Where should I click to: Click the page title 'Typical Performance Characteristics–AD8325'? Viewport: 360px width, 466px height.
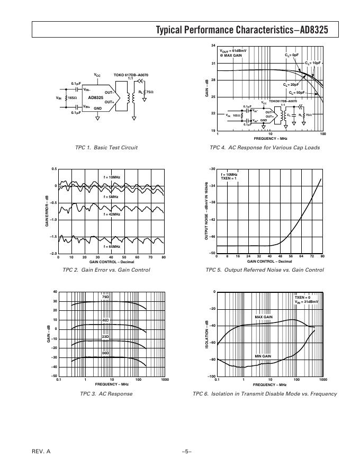tap(242, 30)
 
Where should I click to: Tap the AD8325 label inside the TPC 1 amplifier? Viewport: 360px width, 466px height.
tap(96, 97)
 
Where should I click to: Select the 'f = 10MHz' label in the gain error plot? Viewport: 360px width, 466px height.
tap(112, 177)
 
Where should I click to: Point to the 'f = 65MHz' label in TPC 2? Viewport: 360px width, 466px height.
tap(112, 246)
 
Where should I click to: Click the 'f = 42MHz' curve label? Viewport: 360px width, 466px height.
tap(112, 214)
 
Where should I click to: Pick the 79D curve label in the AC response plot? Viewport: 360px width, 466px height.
tap(105, 297)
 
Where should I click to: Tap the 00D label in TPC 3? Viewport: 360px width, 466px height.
tap(105, 353)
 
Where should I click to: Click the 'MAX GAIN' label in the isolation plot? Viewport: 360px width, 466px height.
tap(264, 317)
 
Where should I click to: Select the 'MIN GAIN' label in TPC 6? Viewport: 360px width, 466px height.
tap(263, 356)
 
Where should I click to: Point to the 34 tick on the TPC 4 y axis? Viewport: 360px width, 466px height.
tap(213, 47)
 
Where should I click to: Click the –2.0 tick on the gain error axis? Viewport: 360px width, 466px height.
tap(53, 254)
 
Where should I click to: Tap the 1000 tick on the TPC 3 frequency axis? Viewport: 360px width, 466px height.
tap(165, 380)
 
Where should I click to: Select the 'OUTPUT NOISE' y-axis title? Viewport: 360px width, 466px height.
tap(206, 211)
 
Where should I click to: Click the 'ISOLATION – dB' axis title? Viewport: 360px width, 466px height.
tap(206, 334)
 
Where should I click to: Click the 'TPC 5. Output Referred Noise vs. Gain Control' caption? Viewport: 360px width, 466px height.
tap(265, 270)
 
